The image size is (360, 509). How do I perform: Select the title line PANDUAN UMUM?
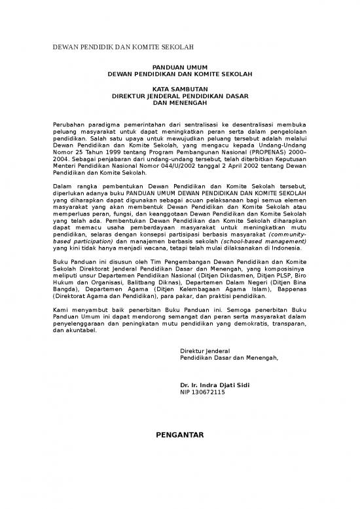coord(179,67)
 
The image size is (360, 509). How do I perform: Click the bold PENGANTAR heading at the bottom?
coord(179,434)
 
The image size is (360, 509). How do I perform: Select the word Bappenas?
coord(293,288)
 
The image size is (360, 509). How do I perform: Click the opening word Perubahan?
coord(69,124)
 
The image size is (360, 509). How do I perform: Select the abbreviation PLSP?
coord(279,280)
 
